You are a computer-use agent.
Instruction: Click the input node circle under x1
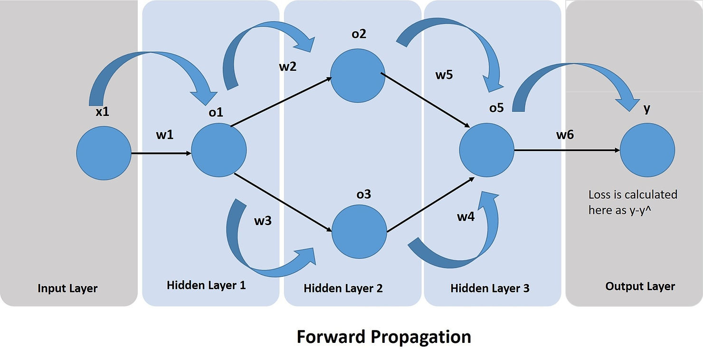pos(104,153)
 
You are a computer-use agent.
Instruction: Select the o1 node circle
pos(219,150)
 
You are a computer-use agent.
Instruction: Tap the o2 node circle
pos(358,76)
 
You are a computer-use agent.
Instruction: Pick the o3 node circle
pos(359,232)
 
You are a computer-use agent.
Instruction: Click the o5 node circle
pos(486,150)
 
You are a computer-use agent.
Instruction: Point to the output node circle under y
pos(647,150)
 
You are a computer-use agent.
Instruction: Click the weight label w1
pos(165,135)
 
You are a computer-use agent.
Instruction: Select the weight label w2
pos(287,66)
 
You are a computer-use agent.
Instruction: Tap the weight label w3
pos(263,221)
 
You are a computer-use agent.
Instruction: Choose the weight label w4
pos(465,216)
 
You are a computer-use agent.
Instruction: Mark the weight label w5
pos(444,75)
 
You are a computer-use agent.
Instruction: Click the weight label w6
pos(565,135)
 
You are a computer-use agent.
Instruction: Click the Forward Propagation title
pos(384,337)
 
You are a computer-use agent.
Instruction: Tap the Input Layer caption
pos(67,288)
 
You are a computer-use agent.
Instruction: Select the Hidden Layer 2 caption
pos(343,288)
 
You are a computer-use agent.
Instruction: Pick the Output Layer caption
pos(640,286)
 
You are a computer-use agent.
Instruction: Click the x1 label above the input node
pos(102,112)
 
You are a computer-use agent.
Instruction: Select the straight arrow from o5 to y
pos(567,151)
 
